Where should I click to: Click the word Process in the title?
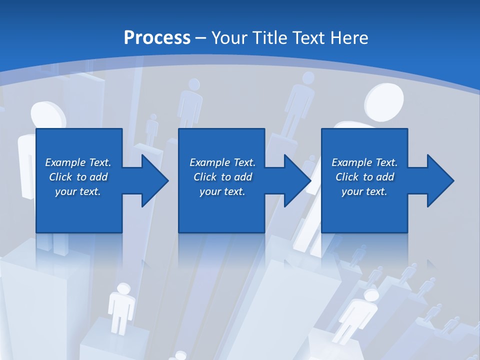[x=157, y=38]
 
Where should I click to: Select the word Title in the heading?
[x=267, y=38]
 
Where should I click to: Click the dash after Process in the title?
[x=200, y=38]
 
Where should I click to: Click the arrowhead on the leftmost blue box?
[x=152, y=180]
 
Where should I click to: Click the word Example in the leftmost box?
[x=65, y=162]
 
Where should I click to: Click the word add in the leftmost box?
[x=98, y=177]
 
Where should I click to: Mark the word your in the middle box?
[x=210, y=191]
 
